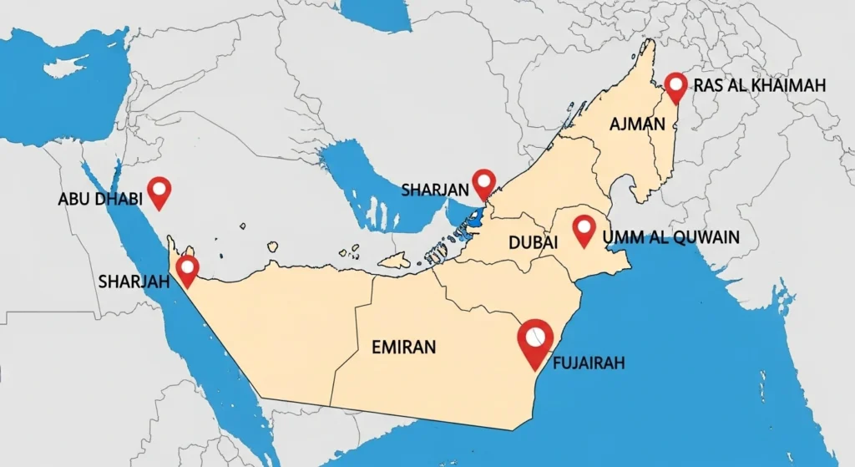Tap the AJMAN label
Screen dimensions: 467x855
click(637, 124)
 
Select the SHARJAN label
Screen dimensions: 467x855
click(434, 190)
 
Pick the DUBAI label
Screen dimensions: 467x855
click(532, 243)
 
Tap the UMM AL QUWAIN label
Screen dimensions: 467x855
click(670, 236)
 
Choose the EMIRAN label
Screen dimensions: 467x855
click(403, 347)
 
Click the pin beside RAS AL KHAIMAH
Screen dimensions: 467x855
click(675, 85)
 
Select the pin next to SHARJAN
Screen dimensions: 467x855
click(483, 182)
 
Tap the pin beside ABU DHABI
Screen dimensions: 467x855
click(158, 190)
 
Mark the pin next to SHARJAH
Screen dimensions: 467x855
click(188, 269)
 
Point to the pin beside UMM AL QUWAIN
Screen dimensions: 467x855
click(584, 228)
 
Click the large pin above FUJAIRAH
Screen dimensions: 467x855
click(535, 339)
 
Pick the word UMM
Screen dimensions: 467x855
click(619, 236)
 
